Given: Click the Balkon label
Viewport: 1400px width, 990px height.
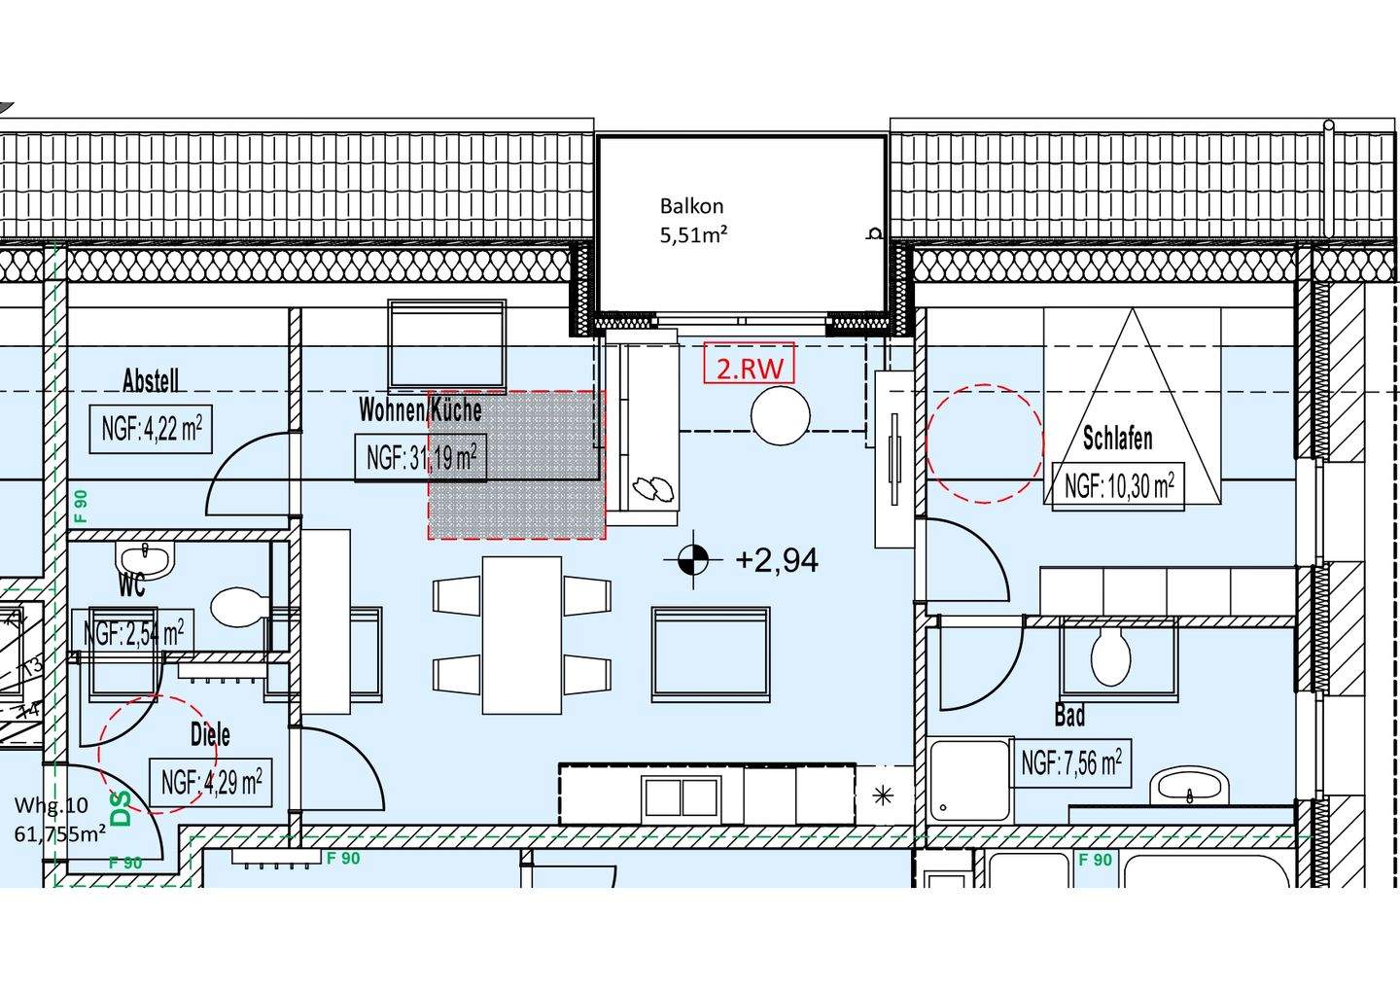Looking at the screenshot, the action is [x=691, y=206].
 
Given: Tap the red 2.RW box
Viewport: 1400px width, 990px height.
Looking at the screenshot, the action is [x=749, y=363].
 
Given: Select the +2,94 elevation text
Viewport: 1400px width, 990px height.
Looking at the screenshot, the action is [x=777, y=560].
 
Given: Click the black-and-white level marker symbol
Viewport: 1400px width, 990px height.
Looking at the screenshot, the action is [x=692, y=560].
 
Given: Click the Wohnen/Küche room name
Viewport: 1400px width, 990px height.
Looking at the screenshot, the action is [x=420, y=410].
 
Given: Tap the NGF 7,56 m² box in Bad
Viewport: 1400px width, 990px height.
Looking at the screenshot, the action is [x=1071, y=763].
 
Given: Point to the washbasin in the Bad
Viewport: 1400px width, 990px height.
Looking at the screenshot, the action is [x=1189, y=787].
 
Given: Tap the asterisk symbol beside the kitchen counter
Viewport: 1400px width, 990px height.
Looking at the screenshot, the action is [x=883, y=796].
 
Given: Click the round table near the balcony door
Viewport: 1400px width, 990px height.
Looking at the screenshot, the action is [x=781, y=415].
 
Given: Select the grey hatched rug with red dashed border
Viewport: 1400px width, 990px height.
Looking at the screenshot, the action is [x=517, y=465].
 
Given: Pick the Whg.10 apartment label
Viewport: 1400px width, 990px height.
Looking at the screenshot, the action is [x=52, y=805].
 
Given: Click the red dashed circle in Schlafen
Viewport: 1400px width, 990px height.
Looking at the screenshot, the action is [x=985, y=443].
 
